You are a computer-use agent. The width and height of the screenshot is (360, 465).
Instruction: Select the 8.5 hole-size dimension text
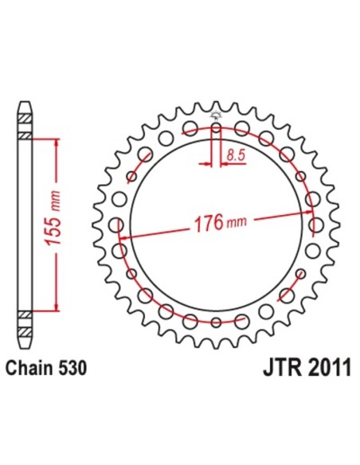point(235,156)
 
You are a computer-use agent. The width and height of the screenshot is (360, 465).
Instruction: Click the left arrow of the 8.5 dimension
point(209,165)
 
